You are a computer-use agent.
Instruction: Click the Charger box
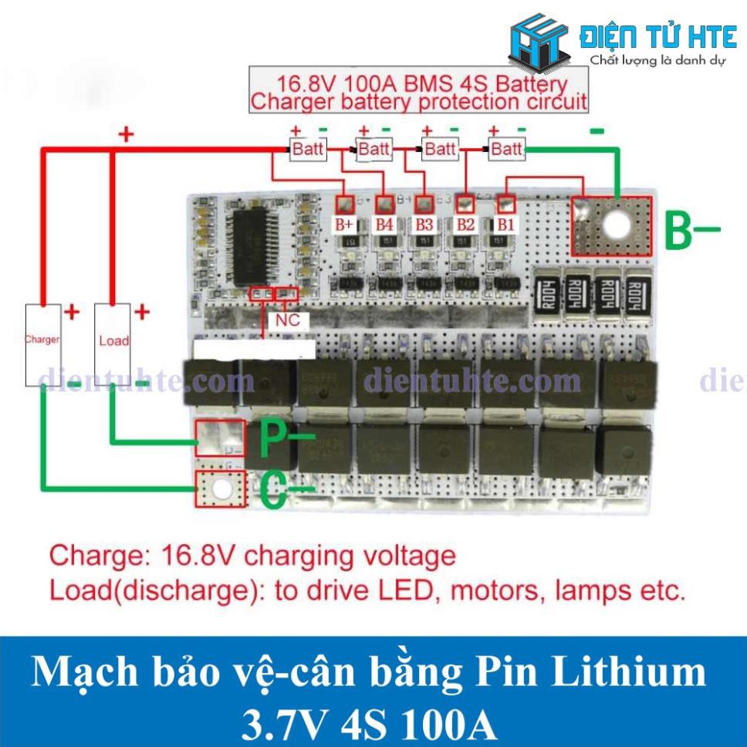pos(42,344)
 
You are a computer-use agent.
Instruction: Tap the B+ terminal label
pos(343,225)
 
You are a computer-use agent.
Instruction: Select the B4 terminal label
pos(384,225)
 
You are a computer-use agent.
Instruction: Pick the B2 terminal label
pos(465,225)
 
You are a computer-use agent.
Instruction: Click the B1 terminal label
pos(505,225)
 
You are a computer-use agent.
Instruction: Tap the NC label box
pos(282,319)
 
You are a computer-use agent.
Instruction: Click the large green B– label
pos(691,229)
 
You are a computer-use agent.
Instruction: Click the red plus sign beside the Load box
pos(142,312)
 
